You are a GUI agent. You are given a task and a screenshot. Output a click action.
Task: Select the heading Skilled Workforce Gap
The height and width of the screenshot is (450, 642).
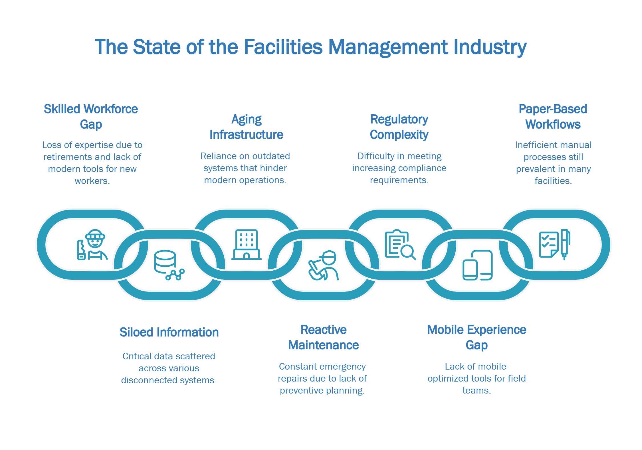91,117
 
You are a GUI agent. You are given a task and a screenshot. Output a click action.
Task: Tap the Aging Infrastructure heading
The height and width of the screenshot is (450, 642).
247,127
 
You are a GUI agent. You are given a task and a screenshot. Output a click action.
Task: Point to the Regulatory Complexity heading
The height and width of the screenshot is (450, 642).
399,127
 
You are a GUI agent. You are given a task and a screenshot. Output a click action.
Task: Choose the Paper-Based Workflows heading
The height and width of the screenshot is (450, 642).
553,117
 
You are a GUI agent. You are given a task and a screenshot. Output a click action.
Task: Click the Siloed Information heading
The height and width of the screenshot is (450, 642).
169,332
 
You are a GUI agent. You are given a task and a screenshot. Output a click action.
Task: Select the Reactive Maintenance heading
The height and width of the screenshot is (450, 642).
324,337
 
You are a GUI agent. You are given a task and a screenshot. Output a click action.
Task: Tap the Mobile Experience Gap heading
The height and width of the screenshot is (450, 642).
477,337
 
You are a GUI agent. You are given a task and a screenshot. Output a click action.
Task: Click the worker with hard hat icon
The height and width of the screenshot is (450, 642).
92,245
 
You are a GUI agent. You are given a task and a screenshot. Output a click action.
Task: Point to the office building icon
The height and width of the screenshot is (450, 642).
247,245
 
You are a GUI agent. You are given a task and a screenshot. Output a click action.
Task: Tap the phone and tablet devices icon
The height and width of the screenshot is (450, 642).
478,265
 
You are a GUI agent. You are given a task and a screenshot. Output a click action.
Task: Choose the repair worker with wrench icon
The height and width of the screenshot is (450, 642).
324,265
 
